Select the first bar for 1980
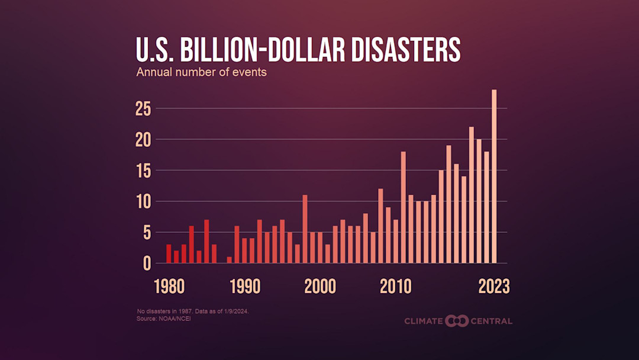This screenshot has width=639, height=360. pyautogui.click(x=169, y=253)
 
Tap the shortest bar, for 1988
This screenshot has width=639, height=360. pyautogui.click(x=230, y=259)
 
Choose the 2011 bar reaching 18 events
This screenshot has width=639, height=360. pyautogui.click(x=403, y=207)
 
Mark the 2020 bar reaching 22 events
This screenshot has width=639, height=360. pyautogui.click(x=472, y=195)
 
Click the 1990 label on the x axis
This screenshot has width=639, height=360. pyautogui.click(x=245, y=287)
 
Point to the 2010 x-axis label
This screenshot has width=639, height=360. pyautogui.click(x=395, y=287)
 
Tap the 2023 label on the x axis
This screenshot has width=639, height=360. pyautogui.click(x=494, y=287)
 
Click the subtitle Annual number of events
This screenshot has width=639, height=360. pyautogui.click(x=201, y=73)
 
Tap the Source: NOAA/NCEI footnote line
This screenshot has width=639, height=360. pyautogui.click(x=164, y=319)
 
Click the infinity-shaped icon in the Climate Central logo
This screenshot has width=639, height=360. pyautogui.click(x=457, y=321)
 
